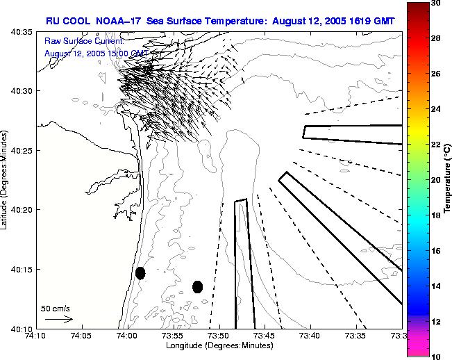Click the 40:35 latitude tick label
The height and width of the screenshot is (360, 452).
[x=22, y=32]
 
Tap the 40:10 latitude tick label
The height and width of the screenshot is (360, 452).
[x=22, y=328]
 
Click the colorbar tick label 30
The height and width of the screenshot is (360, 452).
[x=435, y=3]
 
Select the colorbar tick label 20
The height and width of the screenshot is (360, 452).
[x=435, y=180]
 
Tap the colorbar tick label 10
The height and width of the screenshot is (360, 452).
[x=435, y=356]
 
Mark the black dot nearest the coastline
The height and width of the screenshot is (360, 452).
[x=140, y=273]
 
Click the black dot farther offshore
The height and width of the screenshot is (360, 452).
[x=197, y=286]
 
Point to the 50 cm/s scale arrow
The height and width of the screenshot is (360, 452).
[x=59, y=319]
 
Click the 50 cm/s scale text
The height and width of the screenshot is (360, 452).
[x=56, y=308]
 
